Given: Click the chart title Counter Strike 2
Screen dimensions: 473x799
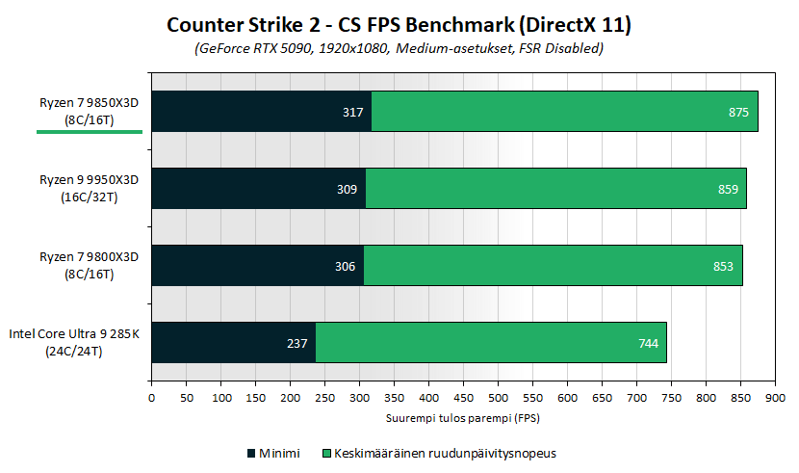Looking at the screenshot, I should point(399,24).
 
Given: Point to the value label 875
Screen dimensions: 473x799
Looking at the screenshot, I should point(738,113).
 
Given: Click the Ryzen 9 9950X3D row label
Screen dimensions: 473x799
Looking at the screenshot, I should point(90,189).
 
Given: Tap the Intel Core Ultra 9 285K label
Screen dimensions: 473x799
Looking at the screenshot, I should point(75,343).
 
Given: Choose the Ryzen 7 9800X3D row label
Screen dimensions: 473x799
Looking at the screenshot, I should point(90,266).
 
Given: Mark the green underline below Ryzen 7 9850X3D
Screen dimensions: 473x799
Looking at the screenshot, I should point(90,132).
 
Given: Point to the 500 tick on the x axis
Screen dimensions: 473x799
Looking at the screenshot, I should point(498,397).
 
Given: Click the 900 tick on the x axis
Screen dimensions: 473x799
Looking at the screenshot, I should point(776,397).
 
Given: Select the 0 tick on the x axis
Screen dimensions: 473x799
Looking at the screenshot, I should point(151,397).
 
